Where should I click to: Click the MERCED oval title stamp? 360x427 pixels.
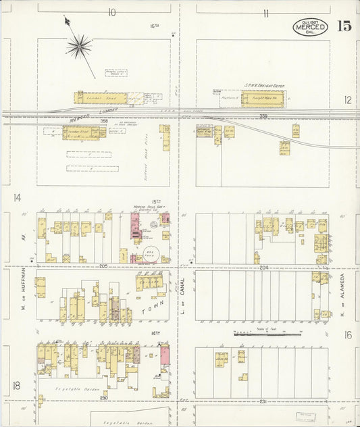coord(311,27)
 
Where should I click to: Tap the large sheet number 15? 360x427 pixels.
coord(343,26)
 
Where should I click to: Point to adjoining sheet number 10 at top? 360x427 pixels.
coord(111,12)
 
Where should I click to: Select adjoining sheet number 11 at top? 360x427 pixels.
coord(267,13)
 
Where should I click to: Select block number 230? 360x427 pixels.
coord(105,398)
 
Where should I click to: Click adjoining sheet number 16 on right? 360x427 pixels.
coord(347,335)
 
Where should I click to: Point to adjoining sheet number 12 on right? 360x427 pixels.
coord(347,100)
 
